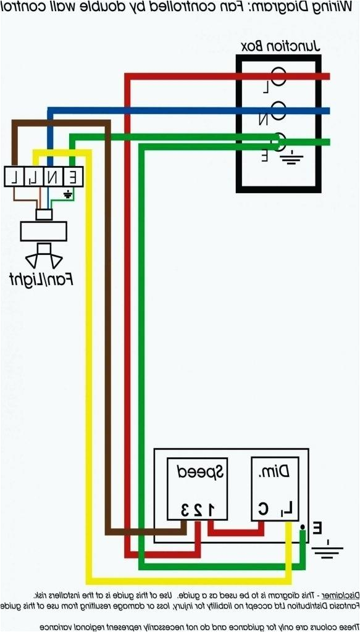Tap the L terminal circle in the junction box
click(278, 77)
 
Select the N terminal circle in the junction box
click(278, 111)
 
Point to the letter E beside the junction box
click(264, 156)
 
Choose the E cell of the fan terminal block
click(73, 177)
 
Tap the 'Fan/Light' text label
click(41, 279)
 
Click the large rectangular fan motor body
click(43, 231)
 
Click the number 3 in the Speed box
click(184, 509)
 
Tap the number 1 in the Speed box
click(210, 509)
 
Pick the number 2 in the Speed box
click(197, 509)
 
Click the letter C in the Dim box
click(263, 509)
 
